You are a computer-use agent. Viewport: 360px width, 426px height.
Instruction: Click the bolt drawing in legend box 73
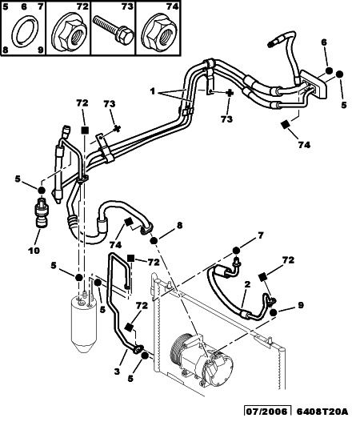tap(113, 30)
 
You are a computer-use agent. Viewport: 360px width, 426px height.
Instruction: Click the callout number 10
tap(34, 251)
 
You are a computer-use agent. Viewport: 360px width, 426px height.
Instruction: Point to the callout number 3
tap(117, 371)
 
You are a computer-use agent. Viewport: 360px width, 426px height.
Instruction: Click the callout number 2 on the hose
tap(247, 284)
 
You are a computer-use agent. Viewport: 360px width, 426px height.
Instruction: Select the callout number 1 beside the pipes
tap(153, 91)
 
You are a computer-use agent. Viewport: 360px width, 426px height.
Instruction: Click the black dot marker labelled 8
tap(154, 241)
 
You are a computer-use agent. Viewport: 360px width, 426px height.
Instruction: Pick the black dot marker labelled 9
tap(274, 312)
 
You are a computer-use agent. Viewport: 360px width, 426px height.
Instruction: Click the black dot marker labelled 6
tap(329, 70)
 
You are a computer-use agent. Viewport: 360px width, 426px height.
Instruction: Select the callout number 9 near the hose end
tap(301, 305)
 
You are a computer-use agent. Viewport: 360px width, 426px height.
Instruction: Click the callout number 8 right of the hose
tap(179, 225)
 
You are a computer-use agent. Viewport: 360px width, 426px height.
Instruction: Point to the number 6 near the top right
tap(324, 42)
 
